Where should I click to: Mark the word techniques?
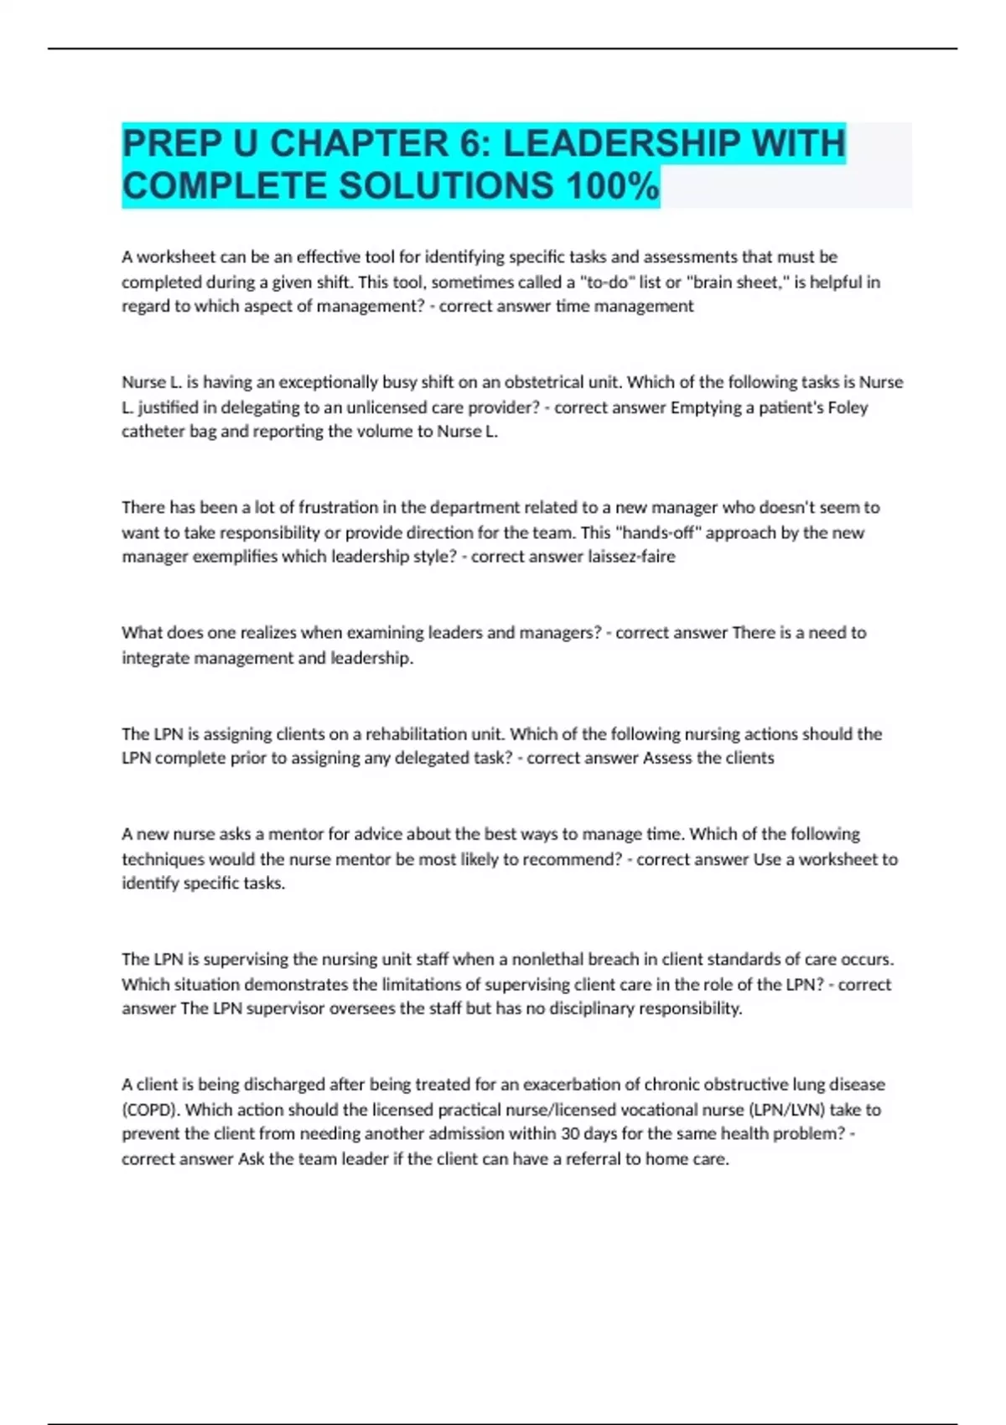[x=163, y=859]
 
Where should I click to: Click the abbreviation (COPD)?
[x=151, y=1109]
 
